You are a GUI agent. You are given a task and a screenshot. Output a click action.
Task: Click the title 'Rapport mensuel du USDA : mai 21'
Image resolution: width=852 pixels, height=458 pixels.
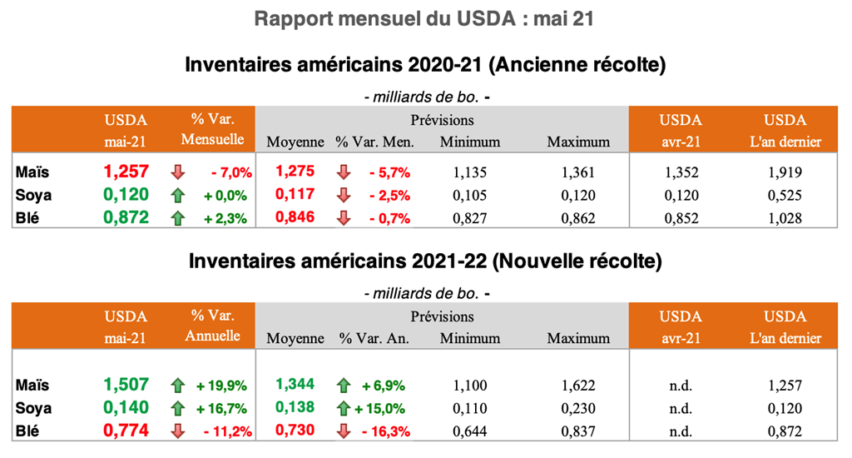425,18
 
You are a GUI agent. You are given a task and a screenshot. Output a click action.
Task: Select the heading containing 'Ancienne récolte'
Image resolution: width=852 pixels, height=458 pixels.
425,64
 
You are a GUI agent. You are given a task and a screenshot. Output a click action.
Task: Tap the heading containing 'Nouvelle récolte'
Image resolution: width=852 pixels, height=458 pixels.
425,261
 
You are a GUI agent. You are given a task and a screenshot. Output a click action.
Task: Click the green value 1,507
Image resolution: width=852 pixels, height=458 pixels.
126,385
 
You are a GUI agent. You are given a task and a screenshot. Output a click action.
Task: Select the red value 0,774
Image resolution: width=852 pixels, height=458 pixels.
126,431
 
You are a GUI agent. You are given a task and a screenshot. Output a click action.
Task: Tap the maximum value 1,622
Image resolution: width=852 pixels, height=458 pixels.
578,386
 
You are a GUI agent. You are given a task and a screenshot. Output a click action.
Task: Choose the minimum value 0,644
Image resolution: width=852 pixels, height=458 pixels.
470,431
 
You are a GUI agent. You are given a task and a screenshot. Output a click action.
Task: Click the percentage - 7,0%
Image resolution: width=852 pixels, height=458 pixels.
229,173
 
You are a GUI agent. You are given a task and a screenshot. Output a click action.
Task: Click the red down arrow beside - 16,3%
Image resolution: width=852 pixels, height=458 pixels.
344,431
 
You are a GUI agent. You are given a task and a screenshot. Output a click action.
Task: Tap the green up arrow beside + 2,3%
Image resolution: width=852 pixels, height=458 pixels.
176,218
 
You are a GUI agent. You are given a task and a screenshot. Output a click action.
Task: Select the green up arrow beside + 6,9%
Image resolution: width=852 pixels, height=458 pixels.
344,386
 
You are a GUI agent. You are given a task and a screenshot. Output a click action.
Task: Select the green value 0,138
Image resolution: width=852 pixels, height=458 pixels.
295,408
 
